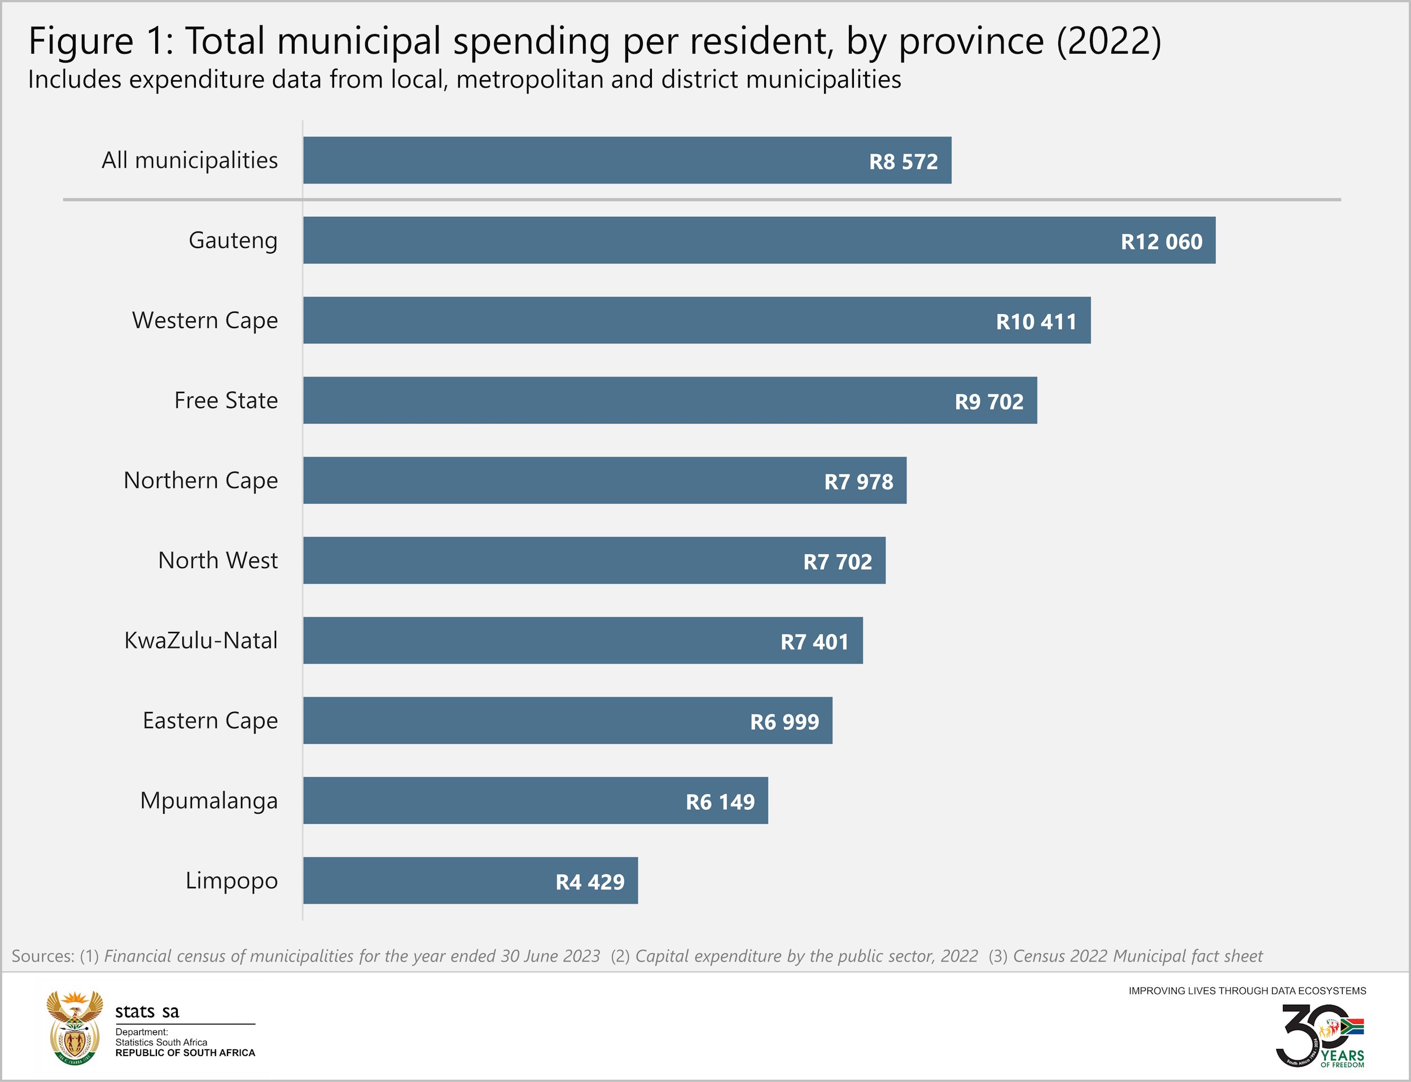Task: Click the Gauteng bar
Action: tap(760, 240)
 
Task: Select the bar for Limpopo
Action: tap(471, 880)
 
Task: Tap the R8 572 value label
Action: tap(903, 161)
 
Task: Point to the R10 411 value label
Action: tap(1036, 321)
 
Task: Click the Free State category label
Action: tap(226, 400)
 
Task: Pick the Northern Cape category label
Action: tap(201, 481)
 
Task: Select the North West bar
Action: tap(594, 560)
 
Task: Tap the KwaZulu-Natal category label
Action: tap(201, 641)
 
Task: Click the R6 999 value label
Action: tap(784, 722)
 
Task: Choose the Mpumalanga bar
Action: tap(536, 801)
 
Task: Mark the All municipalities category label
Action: tap(190, 160)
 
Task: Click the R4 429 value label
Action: tap(590, 882)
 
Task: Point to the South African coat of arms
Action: tap(75, 1027)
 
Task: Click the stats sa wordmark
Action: tap(147, 1012)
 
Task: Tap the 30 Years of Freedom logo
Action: tap(1320, 1036)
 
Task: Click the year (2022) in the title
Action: tap(1108, 41)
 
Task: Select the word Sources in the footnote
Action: tap(42, 956)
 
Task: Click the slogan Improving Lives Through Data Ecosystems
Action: tap(1247, 991)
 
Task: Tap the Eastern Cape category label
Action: tap(211, 721)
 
